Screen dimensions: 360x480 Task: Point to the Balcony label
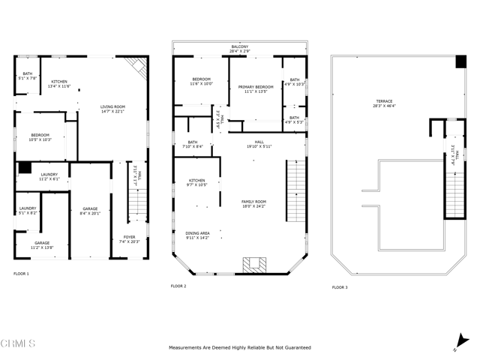(240, 50)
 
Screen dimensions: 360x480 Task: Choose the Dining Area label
(198, 235)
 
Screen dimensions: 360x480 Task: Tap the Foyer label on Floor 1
(130, 239)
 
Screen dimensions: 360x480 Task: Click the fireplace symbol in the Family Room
(253, 264)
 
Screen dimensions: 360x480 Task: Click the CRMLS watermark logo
(19, 344)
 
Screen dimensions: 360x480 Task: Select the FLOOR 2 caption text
(178, 286)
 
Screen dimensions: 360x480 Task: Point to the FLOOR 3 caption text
(340, 286)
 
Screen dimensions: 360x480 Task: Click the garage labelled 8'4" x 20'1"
(90, 211)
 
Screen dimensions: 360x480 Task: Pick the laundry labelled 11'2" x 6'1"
(49, 177)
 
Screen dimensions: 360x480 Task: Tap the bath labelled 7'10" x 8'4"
(193, 145)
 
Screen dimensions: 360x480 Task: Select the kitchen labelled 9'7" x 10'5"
(196, 182)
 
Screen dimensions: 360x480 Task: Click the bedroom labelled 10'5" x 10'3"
(40, 137)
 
